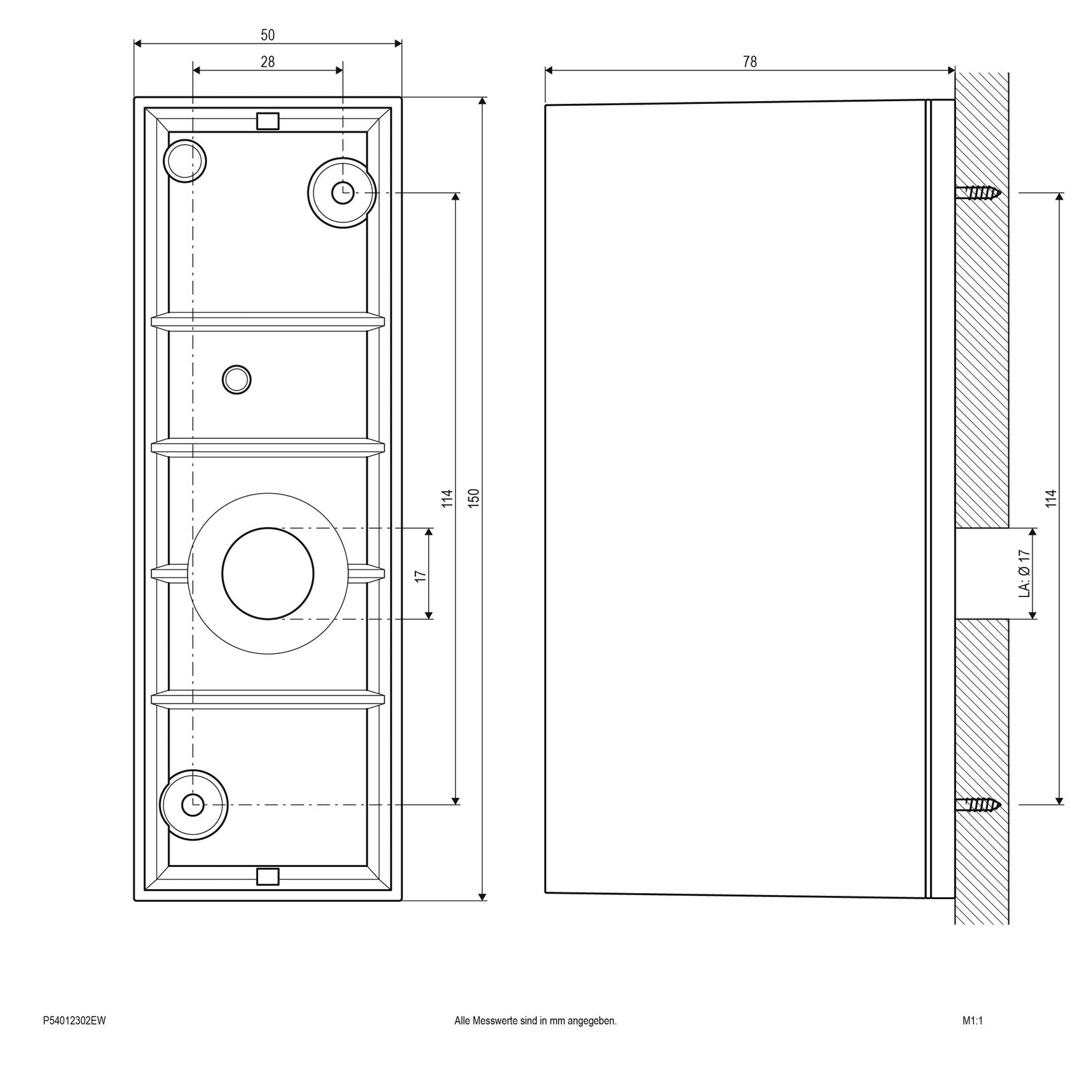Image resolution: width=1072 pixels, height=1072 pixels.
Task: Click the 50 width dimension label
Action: point(267,35)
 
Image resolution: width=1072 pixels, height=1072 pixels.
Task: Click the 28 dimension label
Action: point(267,62)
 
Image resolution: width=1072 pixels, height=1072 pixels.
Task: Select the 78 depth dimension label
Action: point(750,62)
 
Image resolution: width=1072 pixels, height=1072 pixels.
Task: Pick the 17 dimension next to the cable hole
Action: point(421,575)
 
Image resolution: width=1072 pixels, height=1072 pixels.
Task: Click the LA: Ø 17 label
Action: point(1023,574)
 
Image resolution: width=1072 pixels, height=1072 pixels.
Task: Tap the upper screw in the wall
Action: point(979,193)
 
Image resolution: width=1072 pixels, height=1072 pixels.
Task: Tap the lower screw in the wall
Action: point(979,804)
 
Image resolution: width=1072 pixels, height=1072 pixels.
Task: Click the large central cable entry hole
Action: point(267,574)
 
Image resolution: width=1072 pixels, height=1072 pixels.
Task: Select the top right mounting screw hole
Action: point(342,192)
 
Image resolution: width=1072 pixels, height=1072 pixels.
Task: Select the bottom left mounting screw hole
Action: point(194,803)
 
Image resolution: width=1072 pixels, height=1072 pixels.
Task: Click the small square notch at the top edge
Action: point(267,121)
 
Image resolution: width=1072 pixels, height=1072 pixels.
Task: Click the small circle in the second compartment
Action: point(237,380)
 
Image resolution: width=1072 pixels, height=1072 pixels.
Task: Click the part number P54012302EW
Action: point(74,1021)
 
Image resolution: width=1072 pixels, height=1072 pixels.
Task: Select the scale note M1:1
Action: point(972,1021)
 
